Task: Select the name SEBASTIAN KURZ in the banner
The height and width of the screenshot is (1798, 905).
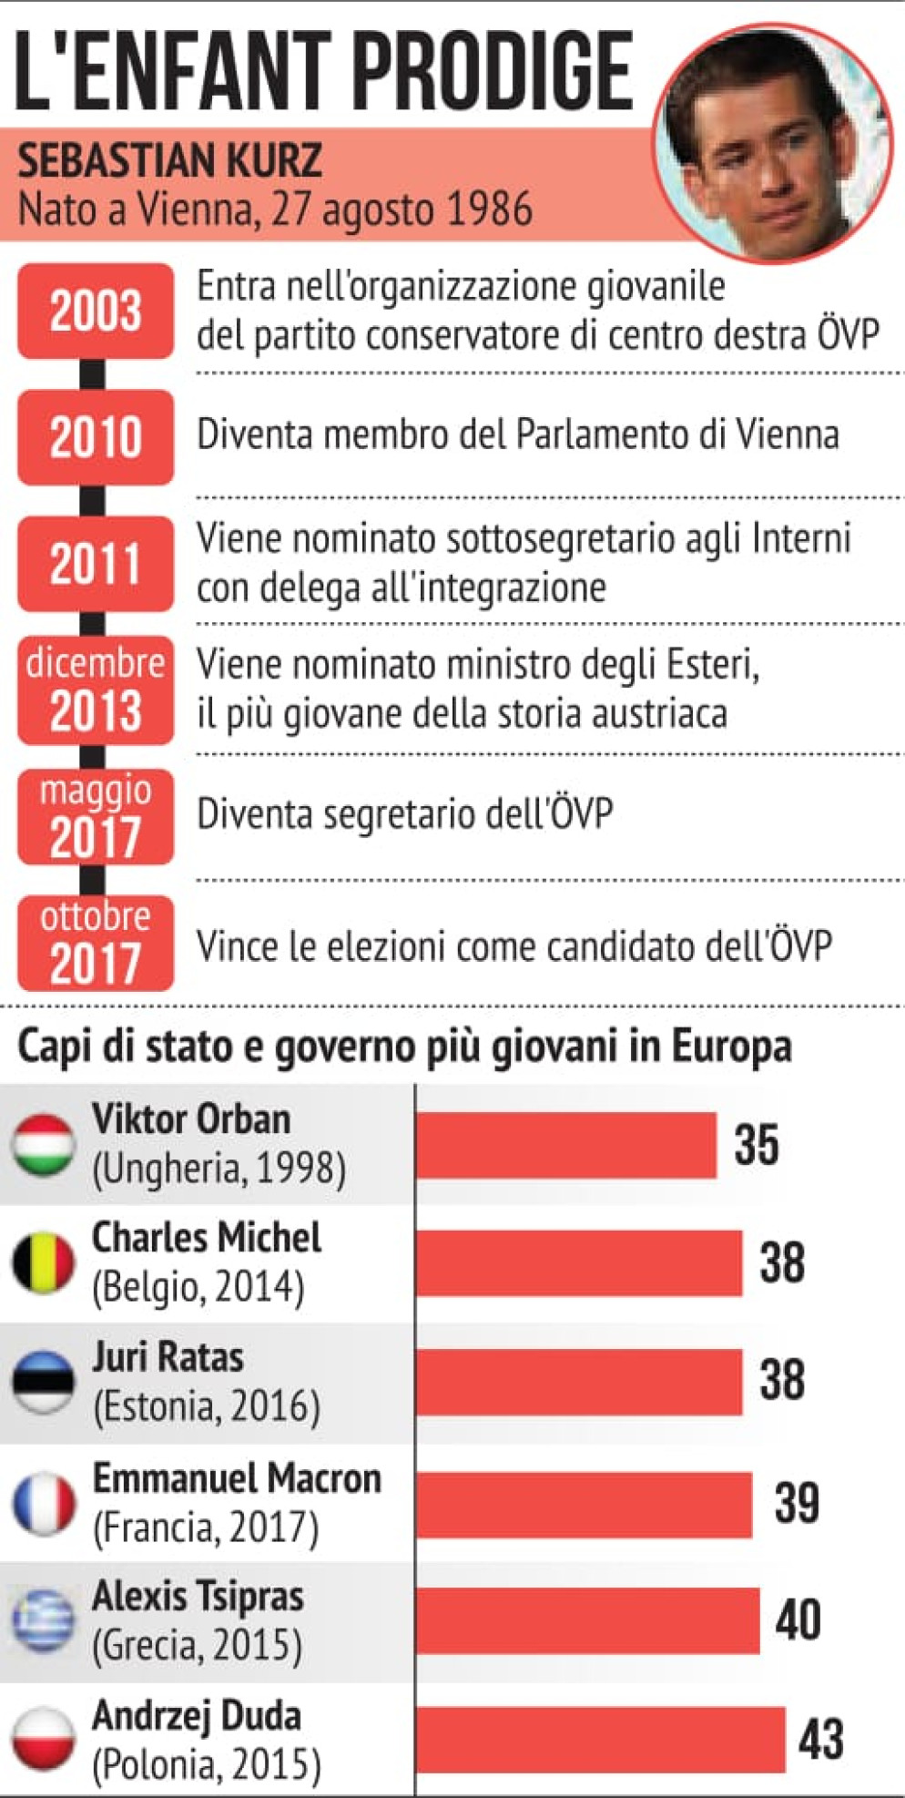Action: pyautogui.click(x=169, y=161)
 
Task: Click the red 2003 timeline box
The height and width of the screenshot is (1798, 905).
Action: pyautogui.click(x=96, y=311)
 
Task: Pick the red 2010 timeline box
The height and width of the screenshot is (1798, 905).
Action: pyautogui.click(x=96, y=436)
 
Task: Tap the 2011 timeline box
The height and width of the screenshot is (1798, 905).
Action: pyautogui.click(x=96, y=563)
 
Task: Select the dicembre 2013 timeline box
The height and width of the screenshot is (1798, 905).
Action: pyautogui.click(x=96, y=690)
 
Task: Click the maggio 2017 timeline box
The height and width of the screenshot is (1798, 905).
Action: pyautogui.click(x=96, y=816)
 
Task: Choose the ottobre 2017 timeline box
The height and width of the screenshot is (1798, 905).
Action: pyautogui.click(x=96, y=943)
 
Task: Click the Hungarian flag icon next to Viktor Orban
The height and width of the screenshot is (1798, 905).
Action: pyautogui.click(x=43, y=1144)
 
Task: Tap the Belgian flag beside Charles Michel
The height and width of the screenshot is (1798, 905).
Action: pyautogui.click(x=43, y=1262)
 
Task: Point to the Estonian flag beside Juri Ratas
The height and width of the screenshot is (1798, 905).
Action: pyautogui.click(x=43, y=1381)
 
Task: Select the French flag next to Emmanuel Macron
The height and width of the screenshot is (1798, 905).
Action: pyautogui.click(x=43, y=1503)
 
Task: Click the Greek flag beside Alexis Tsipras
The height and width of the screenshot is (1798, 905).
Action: pyautogui.click(x=43, y=1621)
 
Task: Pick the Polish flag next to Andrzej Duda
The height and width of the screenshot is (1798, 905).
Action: pyautogui.click(x=43, y=1739)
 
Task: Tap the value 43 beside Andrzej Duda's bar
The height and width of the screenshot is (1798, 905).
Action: pyautogui.click(x=820, y=1739)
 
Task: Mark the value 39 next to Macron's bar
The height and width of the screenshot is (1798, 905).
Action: pyautogui.click(x=797, y=1503)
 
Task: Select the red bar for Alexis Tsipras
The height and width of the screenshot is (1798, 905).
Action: pyautogui.click(x=588, y=1621)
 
